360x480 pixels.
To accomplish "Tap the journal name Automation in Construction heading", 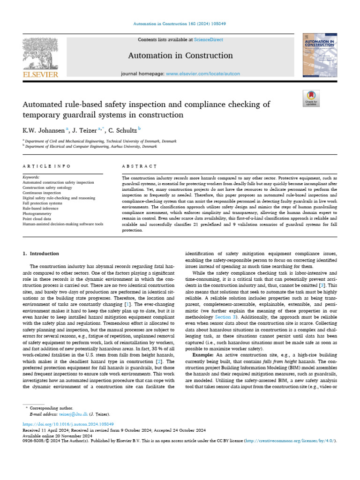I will coord(180,56).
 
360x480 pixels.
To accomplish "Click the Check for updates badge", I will coord(311,99).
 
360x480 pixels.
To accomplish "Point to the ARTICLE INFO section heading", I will coord(47,166).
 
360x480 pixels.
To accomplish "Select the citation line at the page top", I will coord(180,23).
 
